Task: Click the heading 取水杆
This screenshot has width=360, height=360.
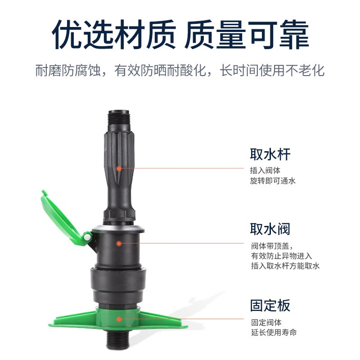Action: click(270, 154)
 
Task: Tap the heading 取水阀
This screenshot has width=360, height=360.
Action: click(270, 229)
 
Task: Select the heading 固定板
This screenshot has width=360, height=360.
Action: click(270, 306)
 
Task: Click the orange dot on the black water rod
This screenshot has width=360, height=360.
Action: click(119, 169)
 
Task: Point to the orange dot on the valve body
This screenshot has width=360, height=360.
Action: click(119, 243)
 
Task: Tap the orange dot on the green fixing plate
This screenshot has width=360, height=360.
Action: click(119, 319)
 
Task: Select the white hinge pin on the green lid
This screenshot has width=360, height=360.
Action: click(87, 237)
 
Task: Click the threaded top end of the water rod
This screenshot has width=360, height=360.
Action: click(119, 121)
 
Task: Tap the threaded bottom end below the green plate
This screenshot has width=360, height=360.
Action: click(119, 339)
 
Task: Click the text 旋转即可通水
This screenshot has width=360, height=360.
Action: click(273, 181)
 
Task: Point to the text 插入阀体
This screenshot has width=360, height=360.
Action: click(265, 171)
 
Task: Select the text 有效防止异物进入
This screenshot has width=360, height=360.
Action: click(282, 256)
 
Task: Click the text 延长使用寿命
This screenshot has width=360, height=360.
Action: click(274, 332)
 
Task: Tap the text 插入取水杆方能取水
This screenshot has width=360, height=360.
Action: click(285, 266)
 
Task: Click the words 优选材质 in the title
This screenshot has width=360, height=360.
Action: click(114, 35)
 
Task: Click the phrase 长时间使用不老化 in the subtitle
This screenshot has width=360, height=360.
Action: click(272, 71)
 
